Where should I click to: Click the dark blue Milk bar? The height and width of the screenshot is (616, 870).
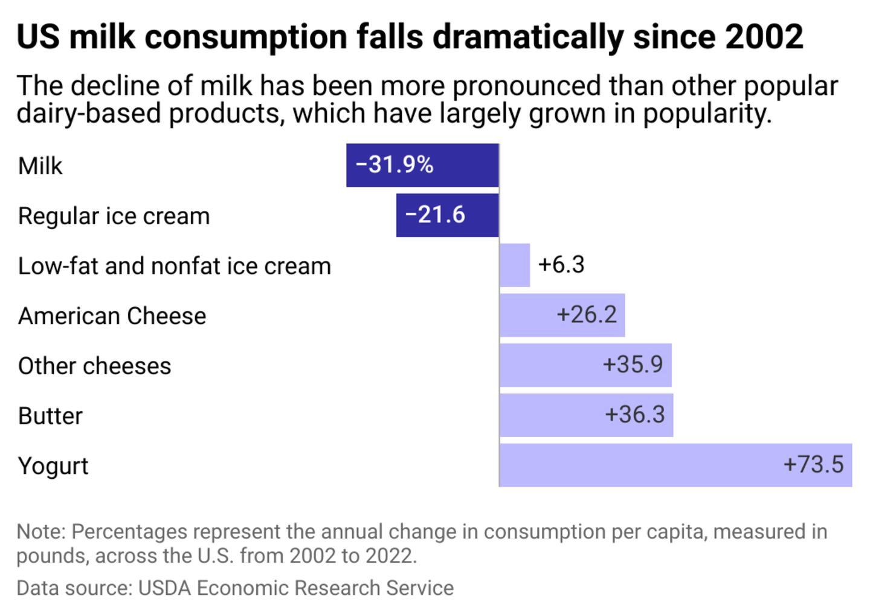422,165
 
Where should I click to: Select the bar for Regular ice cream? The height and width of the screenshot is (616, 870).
448,215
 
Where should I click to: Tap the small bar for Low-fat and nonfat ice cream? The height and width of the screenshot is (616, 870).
515,265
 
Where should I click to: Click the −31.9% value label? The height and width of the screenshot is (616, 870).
395,164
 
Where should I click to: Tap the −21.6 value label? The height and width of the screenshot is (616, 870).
435,215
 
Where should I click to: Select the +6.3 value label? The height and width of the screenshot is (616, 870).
561,265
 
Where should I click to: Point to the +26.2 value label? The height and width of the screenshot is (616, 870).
587,314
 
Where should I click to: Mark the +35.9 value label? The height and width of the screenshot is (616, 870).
633,365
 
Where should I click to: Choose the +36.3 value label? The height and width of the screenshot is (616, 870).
635,415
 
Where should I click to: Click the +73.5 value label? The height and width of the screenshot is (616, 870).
813,464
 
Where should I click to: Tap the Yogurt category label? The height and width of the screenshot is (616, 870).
53,466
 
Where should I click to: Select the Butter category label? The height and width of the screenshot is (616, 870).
50,416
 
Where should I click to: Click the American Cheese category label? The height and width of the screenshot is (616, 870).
112,316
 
